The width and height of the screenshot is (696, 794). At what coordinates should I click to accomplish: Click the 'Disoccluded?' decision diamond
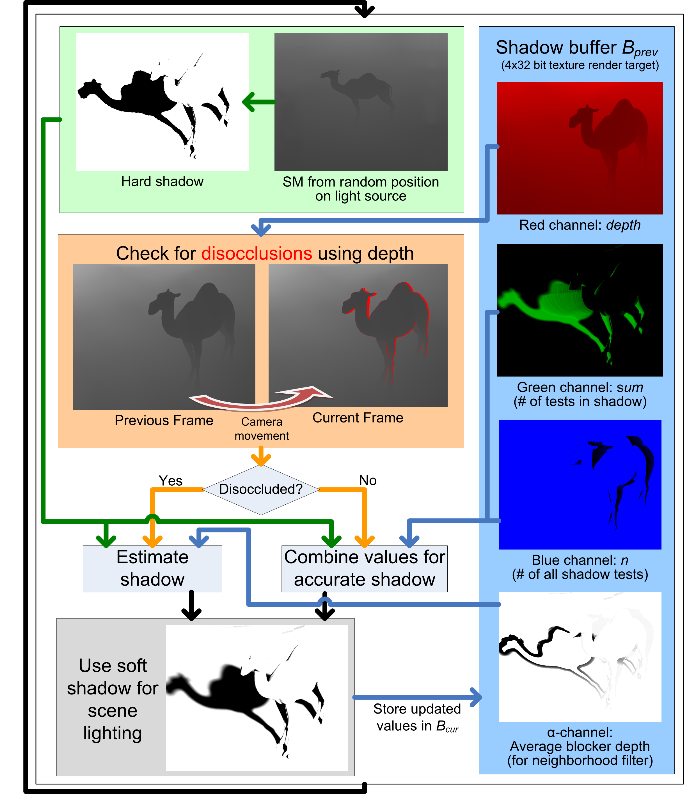point(261,489)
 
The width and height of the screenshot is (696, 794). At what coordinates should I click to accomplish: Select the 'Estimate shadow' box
point(152,569)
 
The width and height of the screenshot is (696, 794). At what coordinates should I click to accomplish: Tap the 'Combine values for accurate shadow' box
point(364,569)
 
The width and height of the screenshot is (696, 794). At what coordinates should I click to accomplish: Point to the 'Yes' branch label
point(171,481)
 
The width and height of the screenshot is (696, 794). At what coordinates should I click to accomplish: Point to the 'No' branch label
point(368,481)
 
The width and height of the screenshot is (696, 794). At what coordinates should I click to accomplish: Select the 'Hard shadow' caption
point(162,181)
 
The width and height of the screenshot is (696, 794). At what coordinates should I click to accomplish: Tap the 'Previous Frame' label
point(164,420)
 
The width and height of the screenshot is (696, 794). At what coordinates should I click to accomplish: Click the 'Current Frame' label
point(358,417)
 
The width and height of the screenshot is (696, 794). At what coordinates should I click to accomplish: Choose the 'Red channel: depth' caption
point(580,225)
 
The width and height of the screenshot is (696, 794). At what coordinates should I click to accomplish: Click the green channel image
point(580,310)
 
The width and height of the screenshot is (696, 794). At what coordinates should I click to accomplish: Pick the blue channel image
point(580,484)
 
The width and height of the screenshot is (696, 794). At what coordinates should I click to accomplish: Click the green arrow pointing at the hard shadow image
point(259,102)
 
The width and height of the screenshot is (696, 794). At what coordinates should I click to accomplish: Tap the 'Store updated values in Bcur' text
point(417,717)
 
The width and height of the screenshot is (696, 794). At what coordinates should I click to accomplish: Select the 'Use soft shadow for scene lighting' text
point(113,699)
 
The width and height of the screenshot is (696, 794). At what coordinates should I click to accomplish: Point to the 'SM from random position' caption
point(361,182)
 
